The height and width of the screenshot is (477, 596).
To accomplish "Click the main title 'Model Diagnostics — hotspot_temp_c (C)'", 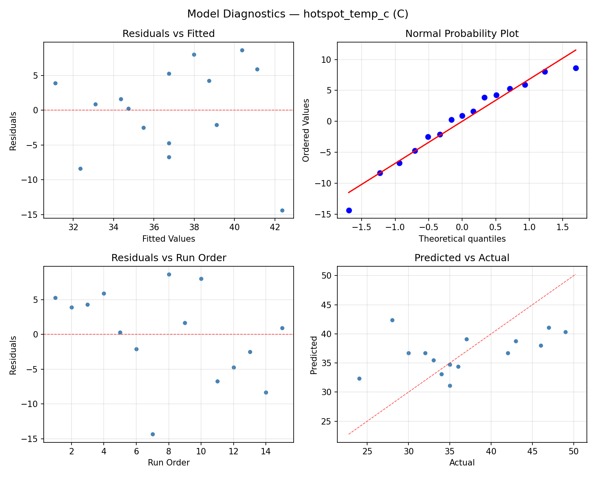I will click(x=298, y=14).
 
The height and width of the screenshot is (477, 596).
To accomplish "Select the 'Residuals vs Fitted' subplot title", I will click(x=168, y=34).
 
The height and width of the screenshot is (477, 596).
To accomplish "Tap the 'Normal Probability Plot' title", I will click(x=462, y=34).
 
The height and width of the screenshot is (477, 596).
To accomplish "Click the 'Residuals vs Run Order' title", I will click(x=168, y=258).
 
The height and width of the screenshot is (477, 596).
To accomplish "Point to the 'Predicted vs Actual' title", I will click(x=462, y=258).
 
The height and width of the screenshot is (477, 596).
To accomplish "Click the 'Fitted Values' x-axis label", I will click(x=168, y=239).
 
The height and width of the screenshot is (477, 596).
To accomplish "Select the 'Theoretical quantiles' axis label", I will click(x=462, y=239).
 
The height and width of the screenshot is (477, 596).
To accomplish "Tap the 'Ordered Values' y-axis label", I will click(x=306, y=130).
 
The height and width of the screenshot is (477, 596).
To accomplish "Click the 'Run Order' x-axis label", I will click(x=168, y=463).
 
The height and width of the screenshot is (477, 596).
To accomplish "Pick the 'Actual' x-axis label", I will click(x=462, y=463).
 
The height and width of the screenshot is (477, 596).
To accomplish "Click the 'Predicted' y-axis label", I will click(x=314, y=355).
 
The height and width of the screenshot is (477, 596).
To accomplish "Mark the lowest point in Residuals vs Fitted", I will click(x=282, y=210).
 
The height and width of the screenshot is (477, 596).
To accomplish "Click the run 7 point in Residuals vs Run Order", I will click(x=153, y=434).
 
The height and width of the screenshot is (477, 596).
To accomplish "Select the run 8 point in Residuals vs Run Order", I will click(x=169, y=274).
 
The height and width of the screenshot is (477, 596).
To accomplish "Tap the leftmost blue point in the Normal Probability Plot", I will click(x=349, y=210).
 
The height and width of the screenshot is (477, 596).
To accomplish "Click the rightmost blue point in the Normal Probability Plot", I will click(x=576, y=68).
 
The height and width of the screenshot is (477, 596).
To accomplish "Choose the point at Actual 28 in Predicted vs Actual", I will click(x=392, y=320).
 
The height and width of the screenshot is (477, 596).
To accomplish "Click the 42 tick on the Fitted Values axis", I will click(x=275, y=228).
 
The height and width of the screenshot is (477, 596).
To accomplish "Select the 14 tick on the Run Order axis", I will click(x=266, y=452).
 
